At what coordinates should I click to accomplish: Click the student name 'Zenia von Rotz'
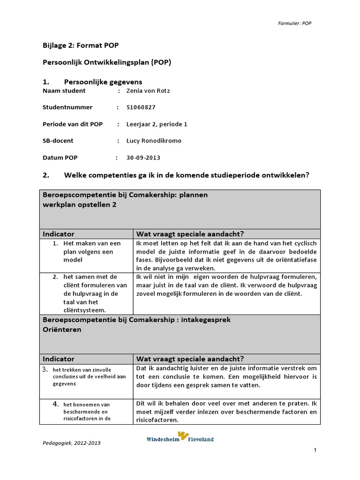148,90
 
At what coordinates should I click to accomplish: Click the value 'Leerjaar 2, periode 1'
157,124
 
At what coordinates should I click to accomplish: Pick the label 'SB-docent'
58,141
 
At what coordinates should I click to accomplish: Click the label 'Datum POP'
60,157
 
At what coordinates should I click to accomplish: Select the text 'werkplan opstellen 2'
80,205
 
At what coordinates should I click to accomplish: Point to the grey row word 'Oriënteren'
62,330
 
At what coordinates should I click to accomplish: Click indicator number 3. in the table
46,369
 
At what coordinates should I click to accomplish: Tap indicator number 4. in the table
55,403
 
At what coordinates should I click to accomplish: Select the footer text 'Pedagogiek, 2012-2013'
71,442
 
